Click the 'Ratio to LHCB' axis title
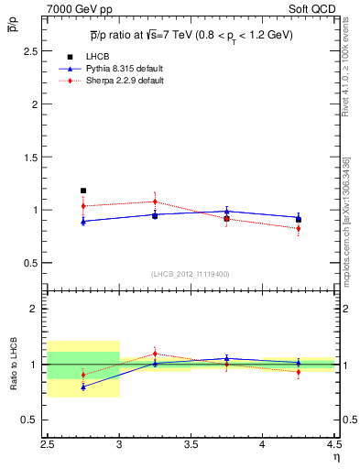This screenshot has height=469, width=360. [12, 365]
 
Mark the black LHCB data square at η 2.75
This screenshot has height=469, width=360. [83, 191]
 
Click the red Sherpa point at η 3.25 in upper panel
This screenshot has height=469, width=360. [155, 202]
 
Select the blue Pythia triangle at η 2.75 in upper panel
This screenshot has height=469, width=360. [83, 221]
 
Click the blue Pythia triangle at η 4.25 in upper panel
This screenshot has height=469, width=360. [299, 218]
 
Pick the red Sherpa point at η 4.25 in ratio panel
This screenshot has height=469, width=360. [299, 371]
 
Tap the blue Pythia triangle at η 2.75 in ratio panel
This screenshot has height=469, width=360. [83, 387]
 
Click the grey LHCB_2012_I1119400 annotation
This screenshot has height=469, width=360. [191, 274]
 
